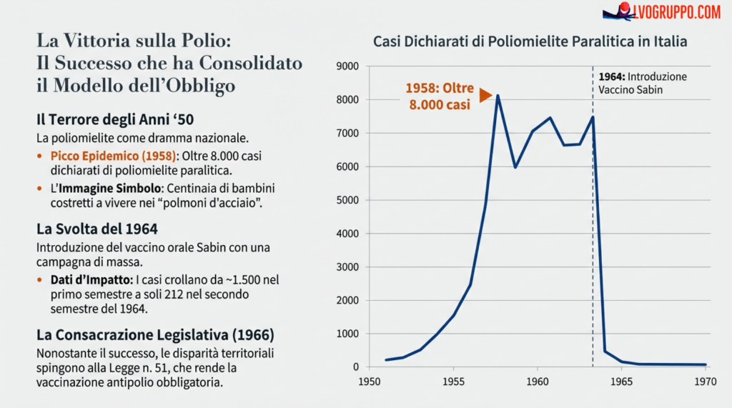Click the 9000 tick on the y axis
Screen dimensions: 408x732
click(x=347, y=66)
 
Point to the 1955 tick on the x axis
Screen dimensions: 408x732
click(x=453, y=382)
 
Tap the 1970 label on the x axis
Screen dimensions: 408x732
click(x=706, y=382)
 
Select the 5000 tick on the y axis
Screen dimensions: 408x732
click(x=347, y=200)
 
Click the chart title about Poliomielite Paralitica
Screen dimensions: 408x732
click(x=530, y=41)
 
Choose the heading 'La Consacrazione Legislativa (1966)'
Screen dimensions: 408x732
click(x=155, y=334)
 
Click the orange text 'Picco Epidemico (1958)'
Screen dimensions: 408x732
click(x=114, y=155)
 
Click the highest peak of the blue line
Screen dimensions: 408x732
click(x=498, y=96)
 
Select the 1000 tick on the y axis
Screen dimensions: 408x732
click(x=347, y=334)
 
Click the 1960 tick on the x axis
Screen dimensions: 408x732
click(x=538, y=382)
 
